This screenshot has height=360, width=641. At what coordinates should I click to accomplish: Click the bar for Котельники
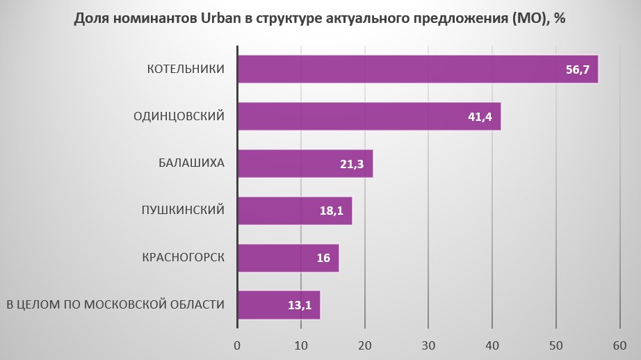click(417, 69)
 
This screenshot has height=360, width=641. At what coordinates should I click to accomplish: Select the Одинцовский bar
click(368, 116)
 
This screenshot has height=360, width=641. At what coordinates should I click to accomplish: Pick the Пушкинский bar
click(294, 211)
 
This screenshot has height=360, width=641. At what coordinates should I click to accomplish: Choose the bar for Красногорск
click(288, 258)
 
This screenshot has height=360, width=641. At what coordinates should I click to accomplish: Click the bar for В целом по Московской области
click(278, 305)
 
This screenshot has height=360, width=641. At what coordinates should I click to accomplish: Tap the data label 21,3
click(352, 164)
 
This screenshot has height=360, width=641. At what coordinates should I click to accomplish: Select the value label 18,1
click(331, 211)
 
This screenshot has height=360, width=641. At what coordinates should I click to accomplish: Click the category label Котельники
click(186, 69)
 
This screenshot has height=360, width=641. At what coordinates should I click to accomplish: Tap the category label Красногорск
click(182, 258)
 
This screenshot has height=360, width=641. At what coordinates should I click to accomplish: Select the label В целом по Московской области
click(115, 305)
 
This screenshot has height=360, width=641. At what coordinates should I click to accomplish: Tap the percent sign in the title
click(560, 19)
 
